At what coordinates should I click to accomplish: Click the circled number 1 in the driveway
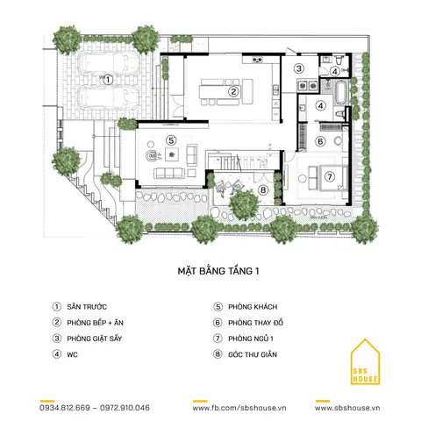click(x=108, y=80)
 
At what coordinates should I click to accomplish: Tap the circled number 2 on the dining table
click(x=233, y=91)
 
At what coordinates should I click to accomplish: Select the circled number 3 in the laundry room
click(x=299, y=68)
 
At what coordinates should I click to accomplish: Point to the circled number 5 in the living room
click(x=171, y=140)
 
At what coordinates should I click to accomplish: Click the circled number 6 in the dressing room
click(x=320, y=141)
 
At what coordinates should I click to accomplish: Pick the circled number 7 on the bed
click(x=330, y=176)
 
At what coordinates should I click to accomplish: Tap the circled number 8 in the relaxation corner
click(x=263, y=190)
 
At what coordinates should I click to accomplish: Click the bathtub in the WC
click(x=340, y=93)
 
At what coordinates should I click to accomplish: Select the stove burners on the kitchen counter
click(x=257, y=61)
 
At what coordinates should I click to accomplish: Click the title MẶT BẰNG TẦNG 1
click(x=218, y=271)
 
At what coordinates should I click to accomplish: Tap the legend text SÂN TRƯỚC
click(x=87, y=307)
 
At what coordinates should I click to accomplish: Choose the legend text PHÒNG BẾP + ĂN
click(x=96, y=323)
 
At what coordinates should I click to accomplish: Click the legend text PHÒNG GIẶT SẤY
click(x=95, y=339)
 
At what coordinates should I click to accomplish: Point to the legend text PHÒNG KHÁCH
click(x=253, y=307)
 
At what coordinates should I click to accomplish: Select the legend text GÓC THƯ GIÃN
click(x=253, y=354)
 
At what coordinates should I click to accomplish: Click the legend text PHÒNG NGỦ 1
click(x=251, y=339)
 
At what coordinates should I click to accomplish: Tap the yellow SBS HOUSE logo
click(x=365, y=362)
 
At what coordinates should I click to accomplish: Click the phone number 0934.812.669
click(x=65, y=408)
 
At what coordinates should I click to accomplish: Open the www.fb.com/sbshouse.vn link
click(x=239, y=408)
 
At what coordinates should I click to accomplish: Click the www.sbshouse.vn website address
click(x=347, y=408)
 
